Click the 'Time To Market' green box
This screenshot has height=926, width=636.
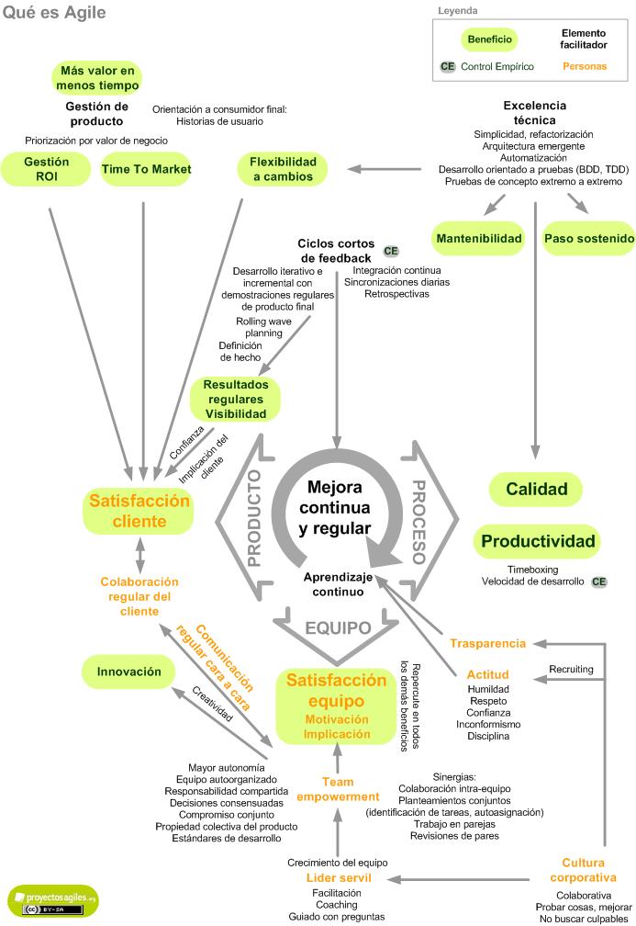(146, 170)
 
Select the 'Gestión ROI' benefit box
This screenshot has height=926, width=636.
(47, 170)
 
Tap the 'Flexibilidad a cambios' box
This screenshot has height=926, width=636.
(282, 169)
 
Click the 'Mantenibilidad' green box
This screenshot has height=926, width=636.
(478, 239)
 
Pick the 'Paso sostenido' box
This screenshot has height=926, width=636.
(588, 239)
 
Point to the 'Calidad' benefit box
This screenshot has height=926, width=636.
(537, 490)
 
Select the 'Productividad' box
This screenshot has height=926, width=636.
(538, 541)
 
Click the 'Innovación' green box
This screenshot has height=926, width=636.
(128, 672)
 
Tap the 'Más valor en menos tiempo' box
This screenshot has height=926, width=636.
(97, 78)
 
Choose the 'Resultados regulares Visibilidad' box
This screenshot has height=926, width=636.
(235, 400)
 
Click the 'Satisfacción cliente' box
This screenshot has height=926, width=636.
(139, 512)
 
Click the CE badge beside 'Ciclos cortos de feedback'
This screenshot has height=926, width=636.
(391, 251)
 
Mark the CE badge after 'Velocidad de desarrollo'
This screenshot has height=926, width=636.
(599, 582)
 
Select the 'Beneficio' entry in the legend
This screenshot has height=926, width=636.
(490, 40)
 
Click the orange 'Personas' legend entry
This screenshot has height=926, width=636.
(584, 66)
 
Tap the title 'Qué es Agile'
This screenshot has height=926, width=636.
(54, 13)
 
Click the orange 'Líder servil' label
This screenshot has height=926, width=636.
(339, 878)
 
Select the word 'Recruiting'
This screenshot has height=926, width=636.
(571, 669)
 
